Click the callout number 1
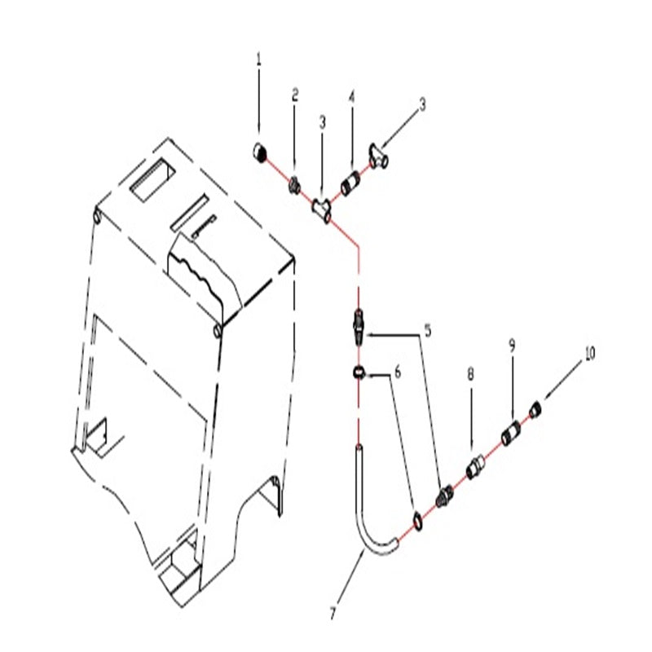point(259,59)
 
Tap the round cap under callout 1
point(260,152)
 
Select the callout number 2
point(295,95)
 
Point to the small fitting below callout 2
point(295,186)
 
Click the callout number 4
point(352,98)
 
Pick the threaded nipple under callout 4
point(352,183)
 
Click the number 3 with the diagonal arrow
point(422,104)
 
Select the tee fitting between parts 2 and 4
point(323,209)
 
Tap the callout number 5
point(427,331)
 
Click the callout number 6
point(398,372)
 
